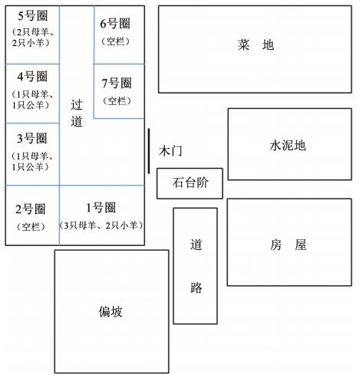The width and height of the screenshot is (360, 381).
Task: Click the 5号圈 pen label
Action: click(33, 16)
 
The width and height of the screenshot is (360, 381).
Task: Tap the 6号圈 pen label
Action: click(115, 24)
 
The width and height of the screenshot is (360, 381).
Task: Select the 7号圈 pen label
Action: click(117, 83)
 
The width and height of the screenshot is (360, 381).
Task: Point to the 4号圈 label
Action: click(32, 77)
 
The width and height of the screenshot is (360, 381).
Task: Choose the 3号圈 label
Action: click(32, 138)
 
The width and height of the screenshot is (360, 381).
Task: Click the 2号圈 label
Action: click(31, 209)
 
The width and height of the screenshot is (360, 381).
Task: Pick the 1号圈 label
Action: click(101, 208)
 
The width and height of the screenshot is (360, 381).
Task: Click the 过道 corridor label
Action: click(77, 113)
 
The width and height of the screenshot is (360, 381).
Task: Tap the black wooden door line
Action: click(149, 151)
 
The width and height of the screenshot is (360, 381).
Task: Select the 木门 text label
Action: click(170, 151)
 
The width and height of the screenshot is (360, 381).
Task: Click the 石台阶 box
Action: click(190, 183)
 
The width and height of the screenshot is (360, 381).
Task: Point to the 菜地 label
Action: click(256, 45)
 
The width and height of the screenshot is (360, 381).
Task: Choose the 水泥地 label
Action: click(288, 146)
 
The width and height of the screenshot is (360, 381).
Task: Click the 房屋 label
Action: click(288, 245)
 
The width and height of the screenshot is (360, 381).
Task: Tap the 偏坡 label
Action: click(111, 312)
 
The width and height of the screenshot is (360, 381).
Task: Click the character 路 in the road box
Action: click(197, 287)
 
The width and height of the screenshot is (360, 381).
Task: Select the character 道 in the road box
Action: click(197, 245)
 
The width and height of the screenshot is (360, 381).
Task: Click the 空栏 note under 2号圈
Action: click(31, 226)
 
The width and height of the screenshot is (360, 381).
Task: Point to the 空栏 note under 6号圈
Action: click(115, 41)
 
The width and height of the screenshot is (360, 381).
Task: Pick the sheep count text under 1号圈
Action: click(101, 225)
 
